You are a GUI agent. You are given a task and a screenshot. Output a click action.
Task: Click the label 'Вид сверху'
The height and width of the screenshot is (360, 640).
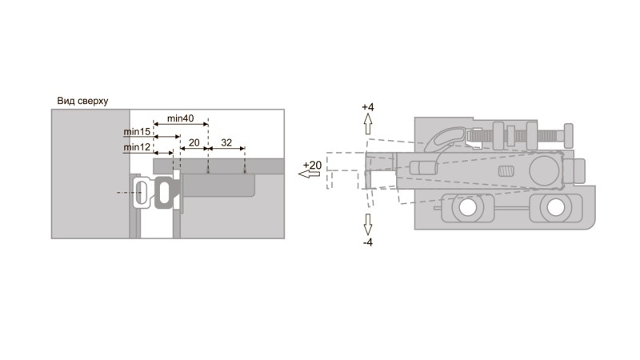point(82,101)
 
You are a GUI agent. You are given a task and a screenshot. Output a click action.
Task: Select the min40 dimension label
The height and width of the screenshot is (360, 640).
point(181,118)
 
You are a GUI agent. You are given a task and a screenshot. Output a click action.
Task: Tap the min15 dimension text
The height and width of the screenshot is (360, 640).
point(137,132)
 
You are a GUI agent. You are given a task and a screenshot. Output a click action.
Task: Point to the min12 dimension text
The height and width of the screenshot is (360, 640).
point(137,147)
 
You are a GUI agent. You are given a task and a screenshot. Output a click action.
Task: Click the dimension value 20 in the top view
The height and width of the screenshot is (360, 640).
point(194,142)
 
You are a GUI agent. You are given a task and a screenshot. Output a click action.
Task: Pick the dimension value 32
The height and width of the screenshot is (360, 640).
point(226,142)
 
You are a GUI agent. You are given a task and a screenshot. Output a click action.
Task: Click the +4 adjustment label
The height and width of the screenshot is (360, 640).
point(368,107)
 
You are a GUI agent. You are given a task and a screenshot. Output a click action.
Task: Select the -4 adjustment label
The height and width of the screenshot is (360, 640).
point(368,242)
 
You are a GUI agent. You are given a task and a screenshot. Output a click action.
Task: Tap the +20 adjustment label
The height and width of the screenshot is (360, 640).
point(312,166)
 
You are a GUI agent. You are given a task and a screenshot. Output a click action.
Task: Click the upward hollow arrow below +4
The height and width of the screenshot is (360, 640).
point(368,124)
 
